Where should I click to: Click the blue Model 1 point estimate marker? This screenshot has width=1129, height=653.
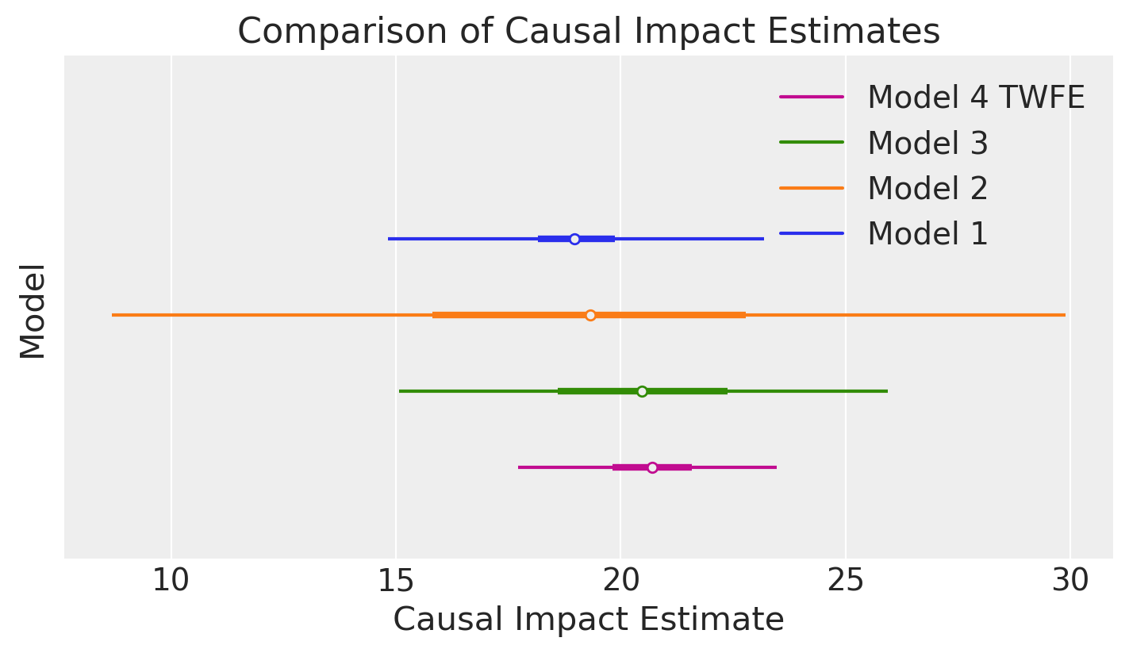pyautogui.click(x=574, y=239)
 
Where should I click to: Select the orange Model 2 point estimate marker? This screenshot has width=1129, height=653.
pyautogui.click(x=590, y=315)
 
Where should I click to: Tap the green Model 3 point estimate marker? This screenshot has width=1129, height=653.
pyautogui.click(x=642, y=391)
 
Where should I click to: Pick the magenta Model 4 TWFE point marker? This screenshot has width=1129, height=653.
pyautogui.click(x=652, y=467)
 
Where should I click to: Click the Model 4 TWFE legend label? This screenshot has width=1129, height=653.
pyautogui.click(x=975, y=98)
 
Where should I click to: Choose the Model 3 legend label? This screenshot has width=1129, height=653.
pyautogui.click(x=927, y=144)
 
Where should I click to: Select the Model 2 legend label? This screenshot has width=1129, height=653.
pyautogui.click(x=927, y=189)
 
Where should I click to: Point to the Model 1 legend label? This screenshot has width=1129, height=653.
pyautogui.click(x=927, y=234)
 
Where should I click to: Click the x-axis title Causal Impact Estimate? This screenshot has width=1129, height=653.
pyautogui.click(x=589, y=620)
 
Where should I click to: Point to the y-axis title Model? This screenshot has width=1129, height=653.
pyautogui.click(x=33, y=311)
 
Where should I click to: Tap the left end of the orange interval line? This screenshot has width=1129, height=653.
pyautogui.click(x=113, y=315)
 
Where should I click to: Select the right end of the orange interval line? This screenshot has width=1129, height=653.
pyautogui.click(x=1064, y=315)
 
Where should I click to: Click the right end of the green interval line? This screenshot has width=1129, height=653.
pyautogui.click(x=886, y=391)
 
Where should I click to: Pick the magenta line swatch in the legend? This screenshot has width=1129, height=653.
pyautogui.click(x=811, y=97)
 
